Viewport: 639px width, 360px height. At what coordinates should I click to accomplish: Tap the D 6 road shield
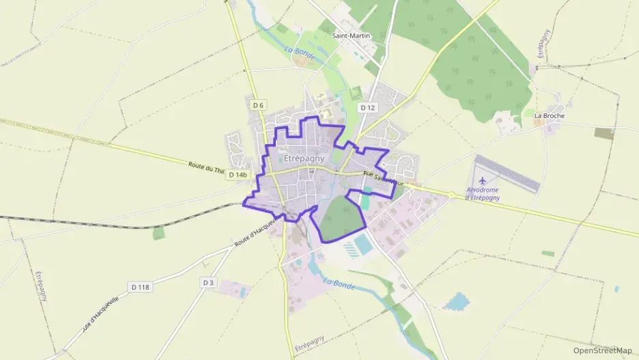tap(257, 105)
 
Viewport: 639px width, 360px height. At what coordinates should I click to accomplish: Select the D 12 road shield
tap(368, 107)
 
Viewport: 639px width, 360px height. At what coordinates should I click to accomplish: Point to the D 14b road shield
tap(238, 175)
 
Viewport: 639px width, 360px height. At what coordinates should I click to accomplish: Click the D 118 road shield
tap(139, 287)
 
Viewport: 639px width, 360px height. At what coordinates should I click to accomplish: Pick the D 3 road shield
tap(208, 282)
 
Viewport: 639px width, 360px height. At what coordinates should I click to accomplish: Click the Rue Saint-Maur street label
tap(384, 179)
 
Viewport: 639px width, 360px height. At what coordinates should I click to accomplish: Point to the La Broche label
tap(549, 116)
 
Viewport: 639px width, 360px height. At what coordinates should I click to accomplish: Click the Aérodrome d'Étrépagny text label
tap(482, 193)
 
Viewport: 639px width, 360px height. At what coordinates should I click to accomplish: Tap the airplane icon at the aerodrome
tap(483, 180)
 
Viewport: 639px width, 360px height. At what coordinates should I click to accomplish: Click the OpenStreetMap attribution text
tap(602, 350)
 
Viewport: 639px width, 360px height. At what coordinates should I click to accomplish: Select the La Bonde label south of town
tap(339, 282)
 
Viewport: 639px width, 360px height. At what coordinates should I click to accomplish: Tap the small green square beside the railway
tap(159, 234)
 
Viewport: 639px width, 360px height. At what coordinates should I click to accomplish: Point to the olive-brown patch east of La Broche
tap(603, 133)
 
